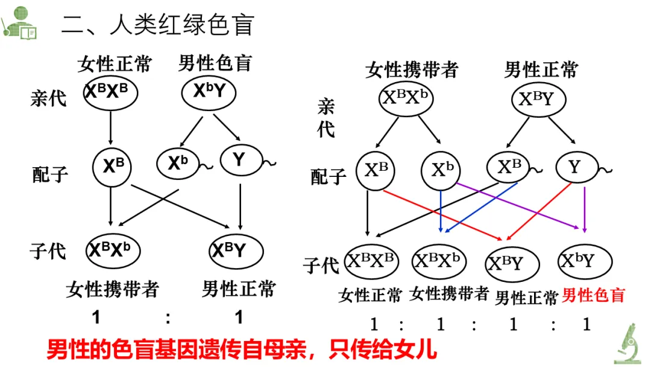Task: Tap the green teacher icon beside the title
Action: tap(19, 23)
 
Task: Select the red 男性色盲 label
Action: tap(593, 295)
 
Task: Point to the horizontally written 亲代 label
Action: tap(48, 98)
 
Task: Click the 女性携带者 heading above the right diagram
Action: tap(412, 69)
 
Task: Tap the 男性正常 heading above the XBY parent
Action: tap(541, 69)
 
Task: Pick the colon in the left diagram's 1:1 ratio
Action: tap(168, 318)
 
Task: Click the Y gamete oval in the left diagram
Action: tap(240, 161)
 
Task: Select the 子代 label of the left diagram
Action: tap(48, 251)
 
